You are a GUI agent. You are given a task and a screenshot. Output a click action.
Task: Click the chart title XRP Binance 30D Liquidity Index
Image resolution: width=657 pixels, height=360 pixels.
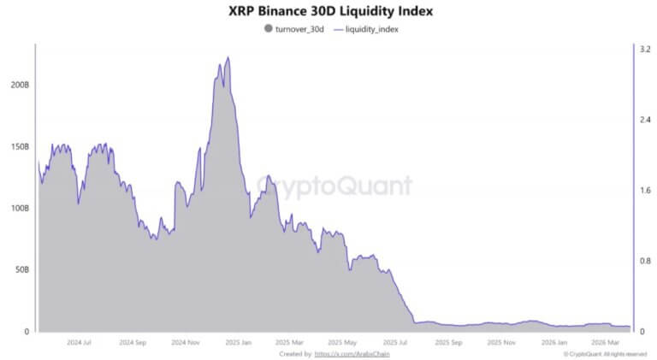(x=329, y=11)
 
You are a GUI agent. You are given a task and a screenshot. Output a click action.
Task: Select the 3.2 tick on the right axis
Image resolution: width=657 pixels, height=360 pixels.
(x=644, y=50)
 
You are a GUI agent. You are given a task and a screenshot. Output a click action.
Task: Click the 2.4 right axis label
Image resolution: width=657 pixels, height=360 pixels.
(x=644, y=120)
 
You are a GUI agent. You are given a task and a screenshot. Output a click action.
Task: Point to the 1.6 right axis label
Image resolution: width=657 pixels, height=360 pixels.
(x=644, y=191)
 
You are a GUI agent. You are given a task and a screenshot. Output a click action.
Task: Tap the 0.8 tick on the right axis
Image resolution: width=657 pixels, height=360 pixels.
(x=644, y=261)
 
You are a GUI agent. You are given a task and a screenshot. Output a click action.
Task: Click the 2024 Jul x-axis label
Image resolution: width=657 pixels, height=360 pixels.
(x=79, y=341)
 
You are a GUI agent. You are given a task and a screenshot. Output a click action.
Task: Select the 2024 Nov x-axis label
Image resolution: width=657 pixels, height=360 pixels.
(x=186, y=341)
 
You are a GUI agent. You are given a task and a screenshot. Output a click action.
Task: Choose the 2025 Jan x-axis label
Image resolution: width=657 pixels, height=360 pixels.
(x=238, y=341)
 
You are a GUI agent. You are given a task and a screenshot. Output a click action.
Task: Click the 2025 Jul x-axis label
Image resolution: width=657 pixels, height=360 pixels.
(x=395, y=341)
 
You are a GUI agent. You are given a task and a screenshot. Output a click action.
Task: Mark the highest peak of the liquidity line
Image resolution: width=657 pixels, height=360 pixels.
(x=228, y=57)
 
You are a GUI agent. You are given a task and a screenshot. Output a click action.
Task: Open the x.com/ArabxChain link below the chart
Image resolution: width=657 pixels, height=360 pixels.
(x=346, y=353)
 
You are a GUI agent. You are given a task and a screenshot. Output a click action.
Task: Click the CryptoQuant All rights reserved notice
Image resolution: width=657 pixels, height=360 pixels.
(x=605, y=353)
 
